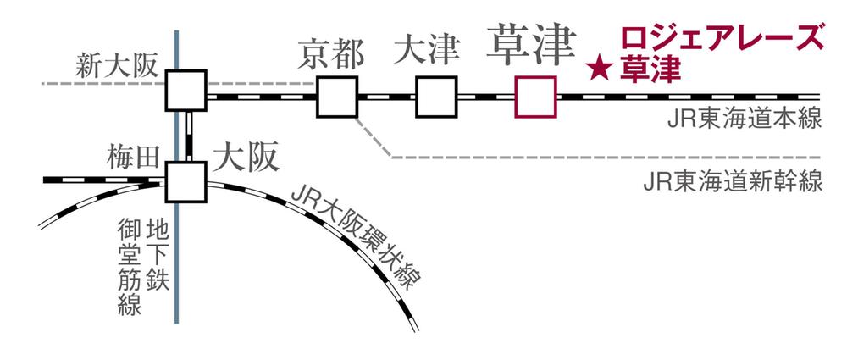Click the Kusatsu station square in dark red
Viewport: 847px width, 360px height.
point(535,96)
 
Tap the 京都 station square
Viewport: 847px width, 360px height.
point(337,96)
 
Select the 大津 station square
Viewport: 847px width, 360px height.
point(436,96)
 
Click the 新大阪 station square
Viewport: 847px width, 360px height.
point(185,89)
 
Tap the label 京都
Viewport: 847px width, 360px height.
point(331,54)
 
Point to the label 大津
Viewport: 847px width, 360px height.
point(426,53)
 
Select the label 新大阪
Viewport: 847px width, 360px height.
point(116,65)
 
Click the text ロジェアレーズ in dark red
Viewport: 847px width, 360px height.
point(721,39)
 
